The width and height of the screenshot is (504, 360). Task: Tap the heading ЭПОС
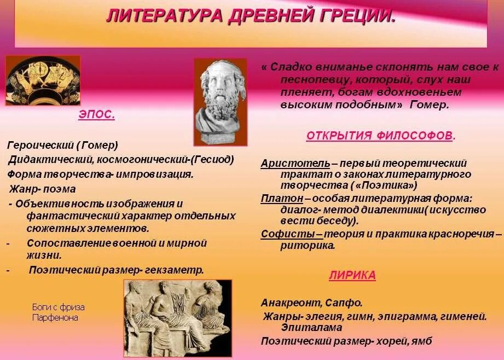click(x=96, y=115)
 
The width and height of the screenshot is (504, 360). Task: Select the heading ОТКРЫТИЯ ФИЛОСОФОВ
click(x=380, y=136)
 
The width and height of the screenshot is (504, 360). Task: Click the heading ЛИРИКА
click(x=352, y=275)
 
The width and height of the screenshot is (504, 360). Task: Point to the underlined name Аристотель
click(x=295, y=163)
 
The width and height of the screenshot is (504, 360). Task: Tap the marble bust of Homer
click(x=220, y=102)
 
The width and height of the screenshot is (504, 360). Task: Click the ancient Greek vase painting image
click(x=42, y=80)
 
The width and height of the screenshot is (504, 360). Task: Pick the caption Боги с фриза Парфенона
click(x=57, y=312)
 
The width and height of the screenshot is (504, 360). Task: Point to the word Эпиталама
click(x=311, y=327)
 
